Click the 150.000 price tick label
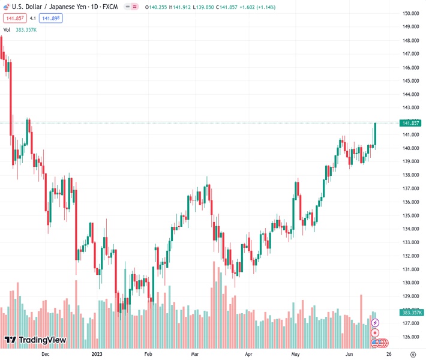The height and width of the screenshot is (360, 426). (x=410, y=13)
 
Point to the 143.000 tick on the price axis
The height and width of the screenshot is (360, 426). (x=410, y=108)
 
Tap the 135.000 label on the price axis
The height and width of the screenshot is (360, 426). (x=410, y=215)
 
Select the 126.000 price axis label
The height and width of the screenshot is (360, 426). (x=410, y=337)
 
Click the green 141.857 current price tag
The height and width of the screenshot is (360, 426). (x=412, y=123)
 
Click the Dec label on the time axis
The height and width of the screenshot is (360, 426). (x=45, y=354)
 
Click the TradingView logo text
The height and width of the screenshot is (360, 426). (x=42, y=340)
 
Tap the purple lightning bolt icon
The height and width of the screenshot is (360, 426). (x=375, y=323)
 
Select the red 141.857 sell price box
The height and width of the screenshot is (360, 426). (x=13, y=19)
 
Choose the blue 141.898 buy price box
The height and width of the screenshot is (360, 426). (x=51, y=19)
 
